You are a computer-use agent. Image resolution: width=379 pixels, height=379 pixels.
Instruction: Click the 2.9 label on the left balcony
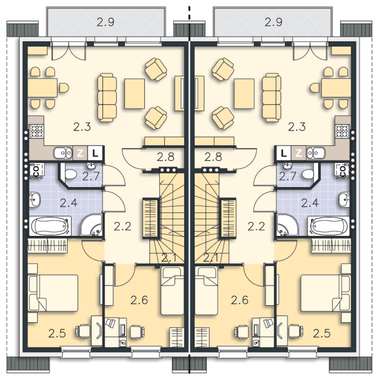(x=105, y=22)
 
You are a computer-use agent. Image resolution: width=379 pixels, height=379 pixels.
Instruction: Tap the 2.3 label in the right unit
(x=297, y=127)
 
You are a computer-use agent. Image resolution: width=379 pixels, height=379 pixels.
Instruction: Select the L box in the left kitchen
(x=96, y=153)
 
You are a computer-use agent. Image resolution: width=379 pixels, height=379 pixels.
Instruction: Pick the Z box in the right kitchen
(x=298, y=153)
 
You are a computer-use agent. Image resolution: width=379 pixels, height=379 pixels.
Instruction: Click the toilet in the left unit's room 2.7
(x=70, y=174)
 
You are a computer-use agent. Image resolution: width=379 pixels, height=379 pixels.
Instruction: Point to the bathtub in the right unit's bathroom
(x=329, y=226)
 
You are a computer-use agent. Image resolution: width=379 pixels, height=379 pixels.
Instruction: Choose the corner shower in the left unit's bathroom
(x=91, y=224)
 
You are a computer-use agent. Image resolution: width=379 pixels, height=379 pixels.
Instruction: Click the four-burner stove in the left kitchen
(x=37, y=131)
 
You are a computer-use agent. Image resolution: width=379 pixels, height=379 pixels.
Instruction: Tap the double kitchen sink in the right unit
(x=315, y=153)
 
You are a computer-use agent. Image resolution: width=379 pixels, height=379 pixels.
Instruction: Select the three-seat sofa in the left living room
(x=107, y=97)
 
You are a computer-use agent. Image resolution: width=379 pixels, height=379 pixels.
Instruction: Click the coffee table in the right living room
(x=244, y=93)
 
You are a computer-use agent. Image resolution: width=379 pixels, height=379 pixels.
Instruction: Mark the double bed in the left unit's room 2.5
(x=53, y=293)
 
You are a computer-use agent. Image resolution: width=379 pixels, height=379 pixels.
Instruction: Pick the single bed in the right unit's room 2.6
(x=206, y=291)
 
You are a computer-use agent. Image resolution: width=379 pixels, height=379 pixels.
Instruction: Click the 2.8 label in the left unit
(x=165, y=157)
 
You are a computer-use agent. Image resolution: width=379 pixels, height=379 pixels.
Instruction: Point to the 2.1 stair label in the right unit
(x=211, y=258)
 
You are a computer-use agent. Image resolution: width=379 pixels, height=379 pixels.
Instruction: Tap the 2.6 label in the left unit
(x=139, y=300)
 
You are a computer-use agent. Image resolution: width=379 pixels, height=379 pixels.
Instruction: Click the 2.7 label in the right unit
(x=287, y=176)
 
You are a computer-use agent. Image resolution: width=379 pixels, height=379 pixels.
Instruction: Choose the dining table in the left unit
(x=42, y=88)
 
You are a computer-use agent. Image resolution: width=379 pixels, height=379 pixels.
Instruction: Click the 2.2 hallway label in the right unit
(x=256, y=227)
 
